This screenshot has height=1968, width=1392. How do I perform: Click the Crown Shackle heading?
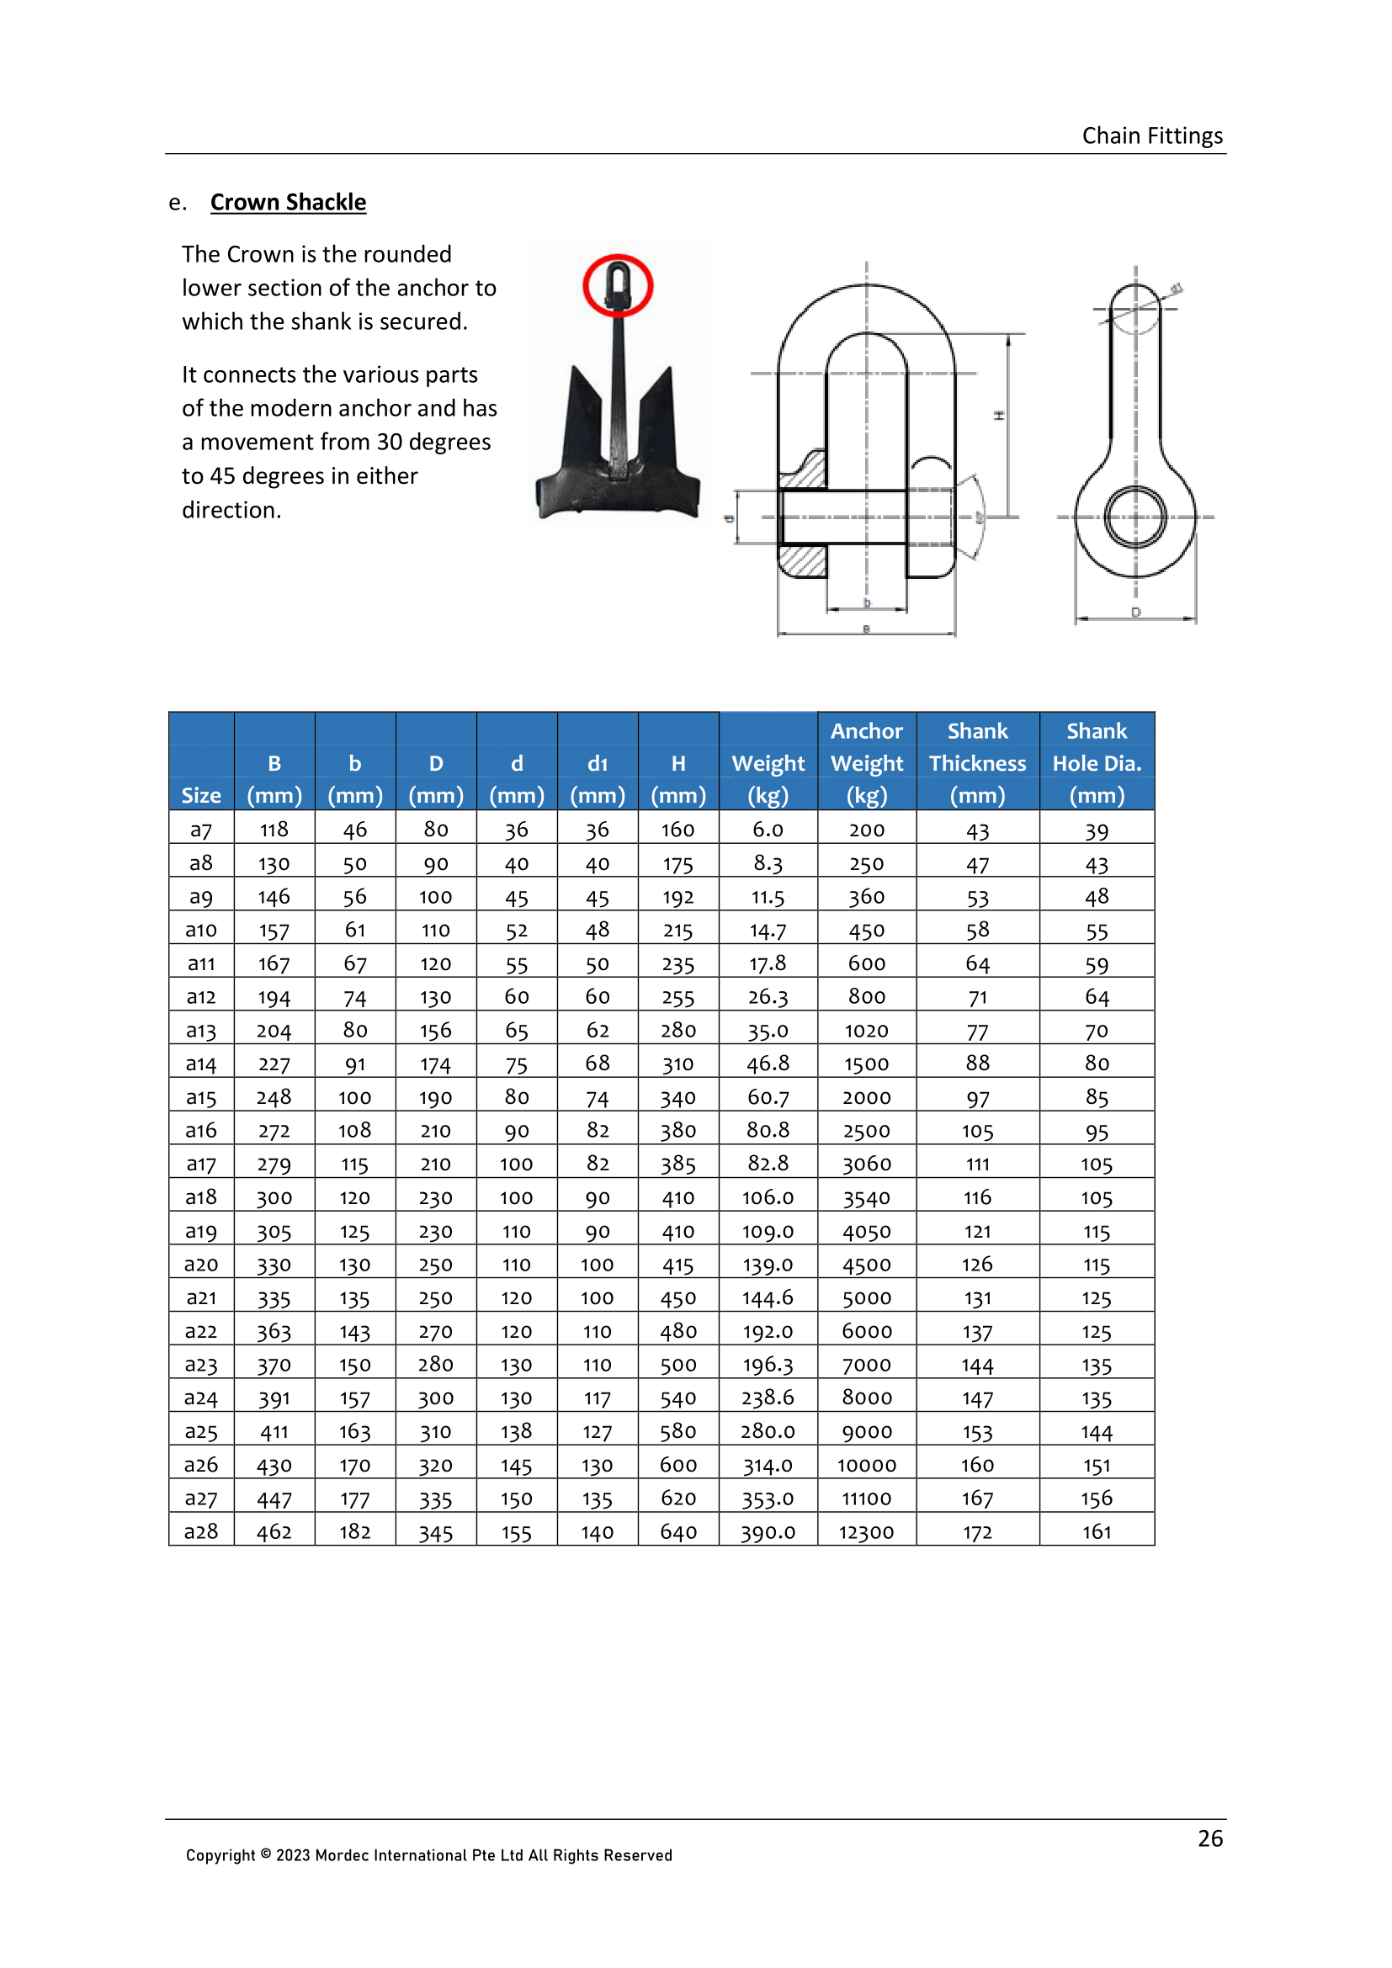coord(288,202)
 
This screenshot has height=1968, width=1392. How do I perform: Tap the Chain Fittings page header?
coord(1151,136)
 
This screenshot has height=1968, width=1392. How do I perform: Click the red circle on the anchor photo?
coord(617,285)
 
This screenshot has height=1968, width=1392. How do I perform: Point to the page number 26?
coord(1209,1838)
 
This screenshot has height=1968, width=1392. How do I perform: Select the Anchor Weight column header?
coord(866,762)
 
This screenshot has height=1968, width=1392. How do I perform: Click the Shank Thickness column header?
coord(976,762)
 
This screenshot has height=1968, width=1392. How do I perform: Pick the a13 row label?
coord(200,1031)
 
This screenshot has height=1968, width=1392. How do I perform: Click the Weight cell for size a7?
coord(768,830)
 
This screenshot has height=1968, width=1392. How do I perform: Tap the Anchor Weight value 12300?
coord(866,1531)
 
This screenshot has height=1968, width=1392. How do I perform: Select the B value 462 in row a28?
coord(274,1531)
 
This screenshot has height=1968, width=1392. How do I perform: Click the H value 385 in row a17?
coord(678,1164)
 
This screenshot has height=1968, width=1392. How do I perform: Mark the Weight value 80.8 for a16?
coord(768,1131)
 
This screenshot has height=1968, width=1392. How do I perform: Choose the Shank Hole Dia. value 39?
coord(1097,830)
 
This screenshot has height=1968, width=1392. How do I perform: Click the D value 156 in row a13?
coord(435,1031)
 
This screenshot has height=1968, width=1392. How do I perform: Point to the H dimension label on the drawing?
coord(999,416)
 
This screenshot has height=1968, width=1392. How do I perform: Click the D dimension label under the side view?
coord(1135,612)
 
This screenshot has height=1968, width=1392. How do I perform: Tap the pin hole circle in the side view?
coord(1134,517)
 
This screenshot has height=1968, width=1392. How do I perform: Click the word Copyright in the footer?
coord(220,1855)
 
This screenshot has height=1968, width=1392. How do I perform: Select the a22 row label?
coord(200,1331)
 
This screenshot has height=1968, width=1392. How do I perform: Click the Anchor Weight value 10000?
coord(866,1465)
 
